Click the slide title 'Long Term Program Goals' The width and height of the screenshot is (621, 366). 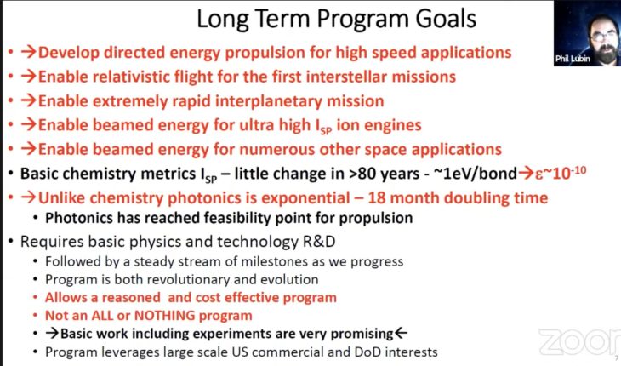tap(336, 18)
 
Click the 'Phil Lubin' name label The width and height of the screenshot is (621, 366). tap(574, 59)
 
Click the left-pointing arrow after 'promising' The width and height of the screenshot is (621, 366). tap(401, 333)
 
